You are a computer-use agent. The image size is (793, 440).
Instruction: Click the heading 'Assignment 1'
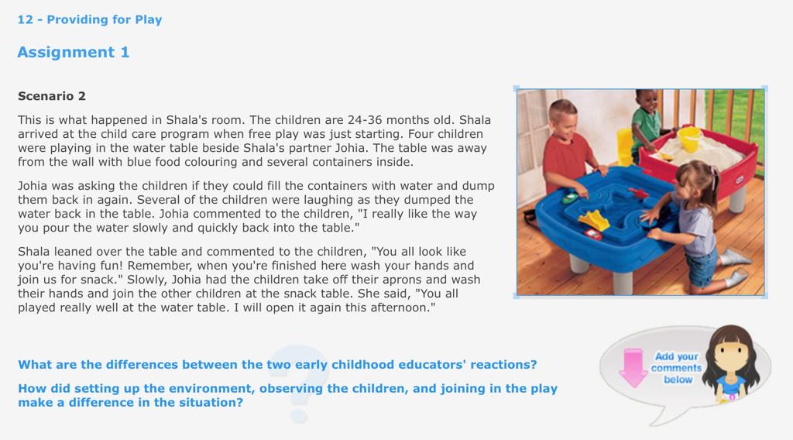74,53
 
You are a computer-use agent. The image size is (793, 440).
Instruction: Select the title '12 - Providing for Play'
90,19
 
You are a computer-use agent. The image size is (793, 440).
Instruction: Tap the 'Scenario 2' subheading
52,96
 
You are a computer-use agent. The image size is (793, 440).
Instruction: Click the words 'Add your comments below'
677,368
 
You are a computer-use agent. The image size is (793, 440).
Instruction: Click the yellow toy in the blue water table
595,219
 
